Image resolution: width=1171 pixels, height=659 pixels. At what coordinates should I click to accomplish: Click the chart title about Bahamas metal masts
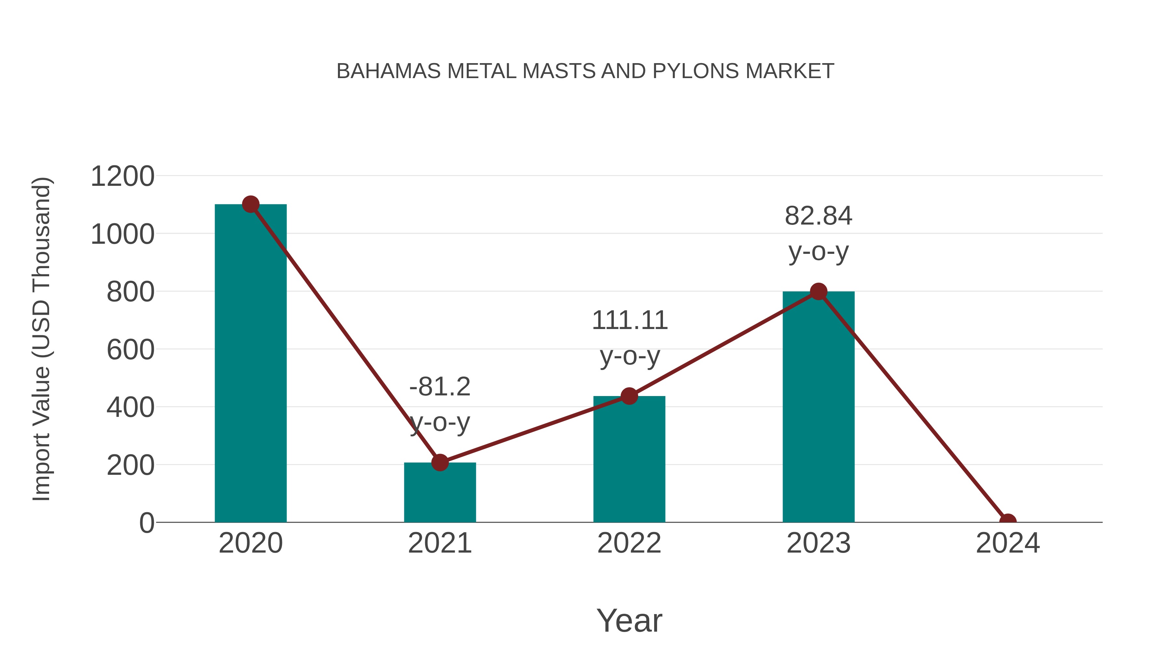coord(585,71)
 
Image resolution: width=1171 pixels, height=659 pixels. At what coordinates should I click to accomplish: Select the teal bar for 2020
coord(250,364)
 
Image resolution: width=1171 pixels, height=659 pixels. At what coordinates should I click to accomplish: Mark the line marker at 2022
coord(629,396)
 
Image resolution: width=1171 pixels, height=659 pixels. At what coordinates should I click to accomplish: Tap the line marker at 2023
coord(818,292)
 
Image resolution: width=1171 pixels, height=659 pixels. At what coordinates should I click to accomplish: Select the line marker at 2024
coord(1007,521)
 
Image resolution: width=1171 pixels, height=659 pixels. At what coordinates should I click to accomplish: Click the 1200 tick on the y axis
coord(122,176)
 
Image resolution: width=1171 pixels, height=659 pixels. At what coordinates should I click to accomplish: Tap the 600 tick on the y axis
coord(130,350)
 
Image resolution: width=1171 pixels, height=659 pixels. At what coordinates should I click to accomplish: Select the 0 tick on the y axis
coord(146,523)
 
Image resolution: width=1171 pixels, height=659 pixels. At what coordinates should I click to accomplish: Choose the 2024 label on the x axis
coord(1007,543)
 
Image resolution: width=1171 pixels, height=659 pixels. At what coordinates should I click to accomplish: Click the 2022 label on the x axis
coord(629,543)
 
